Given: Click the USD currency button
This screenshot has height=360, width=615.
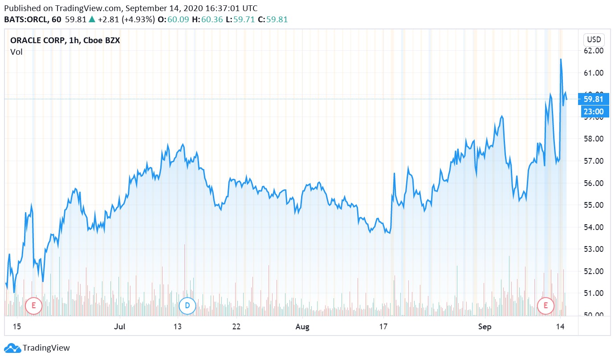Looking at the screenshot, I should [x=594, y=40].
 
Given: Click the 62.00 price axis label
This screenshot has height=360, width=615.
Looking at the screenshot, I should [x=594, y=51].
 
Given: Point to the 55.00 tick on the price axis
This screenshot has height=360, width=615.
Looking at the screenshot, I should [x=594, y=205].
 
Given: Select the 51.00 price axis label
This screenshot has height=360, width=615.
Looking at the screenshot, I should [x=594, y=293].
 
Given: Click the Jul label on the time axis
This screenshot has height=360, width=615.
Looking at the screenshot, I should [x=119, y=327].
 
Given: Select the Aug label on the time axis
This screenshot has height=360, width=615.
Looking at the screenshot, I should [x=302, y=327].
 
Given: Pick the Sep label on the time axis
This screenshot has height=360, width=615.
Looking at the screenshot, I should [x=485, y=327].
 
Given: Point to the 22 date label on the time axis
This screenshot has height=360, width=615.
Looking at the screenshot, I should [x=236, y=327].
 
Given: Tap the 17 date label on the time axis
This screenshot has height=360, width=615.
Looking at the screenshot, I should [x=383, y=327].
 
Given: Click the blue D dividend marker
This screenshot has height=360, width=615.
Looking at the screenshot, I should [x=187, y=305].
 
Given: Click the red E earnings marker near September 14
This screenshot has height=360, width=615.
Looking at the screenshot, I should [x=546, y=305].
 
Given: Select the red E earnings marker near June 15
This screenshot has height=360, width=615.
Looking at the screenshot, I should [x=33, y=305].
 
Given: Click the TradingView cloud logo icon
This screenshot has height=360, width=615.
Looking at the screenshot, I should [x=12, y=348].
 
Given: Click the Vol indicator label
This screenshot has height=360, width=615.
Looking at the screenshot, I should [x=16, y=52].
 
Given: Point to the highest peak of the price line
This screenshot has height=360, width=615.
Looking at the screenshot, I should [x=561, y=59].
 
